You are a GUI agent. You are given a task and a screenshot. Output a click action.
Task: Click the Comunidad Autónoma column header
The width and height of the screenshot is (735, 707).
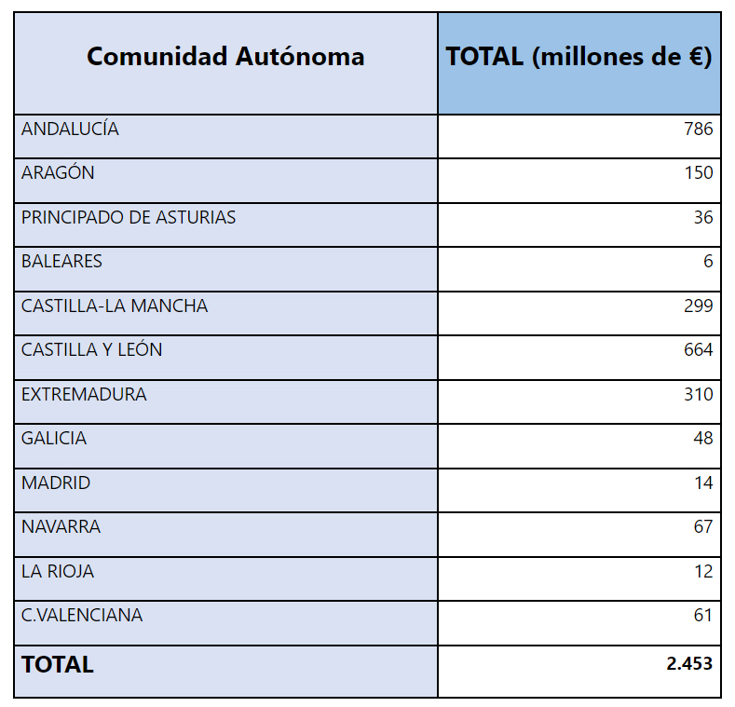225,57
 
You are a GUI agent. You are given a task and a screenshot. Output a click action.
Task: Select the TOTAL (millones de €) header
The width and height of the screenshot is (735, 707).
578,57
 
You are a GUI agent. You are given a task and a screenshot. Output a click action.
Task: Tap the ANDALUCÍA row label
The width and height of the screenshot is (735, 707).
70,129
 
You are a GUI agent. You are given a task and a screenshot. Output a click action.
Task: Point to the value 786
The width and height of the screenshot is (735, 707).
698,129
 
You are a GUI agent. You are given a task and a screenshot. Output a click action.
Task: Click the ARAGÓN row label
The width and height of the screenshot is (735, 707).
58,173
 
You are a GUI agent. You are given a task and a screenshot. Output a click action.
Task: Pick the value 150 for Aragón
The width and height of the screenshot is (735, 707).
698,173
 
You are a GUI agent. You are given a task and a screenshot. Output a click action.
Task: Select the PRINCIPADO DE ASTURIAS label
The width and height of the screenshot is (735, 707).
129,218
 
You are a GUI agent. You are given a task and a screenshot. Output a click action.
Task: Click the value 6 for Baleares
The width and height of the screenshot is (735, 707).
708,262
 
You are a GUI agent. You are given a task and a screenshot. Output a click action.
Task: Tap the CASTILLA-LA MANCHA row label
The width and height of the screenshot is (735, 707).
115,306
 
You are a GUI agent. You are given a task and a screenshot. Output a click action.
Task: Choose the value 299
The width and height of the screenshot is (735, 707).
698,306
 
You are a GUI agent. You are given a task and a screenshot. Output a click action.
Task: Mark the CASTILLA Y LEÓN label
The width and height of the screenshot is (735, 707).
91,350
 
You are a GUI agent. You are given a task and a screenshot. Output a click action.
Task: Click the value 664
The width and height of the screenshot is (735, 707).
698,350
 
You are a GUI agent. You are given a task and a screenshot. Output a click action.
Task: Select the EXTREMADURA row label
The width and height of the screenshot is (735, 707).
84,395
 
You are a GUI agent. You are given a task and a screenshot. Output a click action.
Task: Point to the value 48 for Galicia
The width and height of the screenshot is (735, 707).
702,439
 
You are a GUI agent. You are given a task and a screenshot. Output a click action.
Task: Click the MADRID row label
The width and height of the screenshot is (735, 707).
56,483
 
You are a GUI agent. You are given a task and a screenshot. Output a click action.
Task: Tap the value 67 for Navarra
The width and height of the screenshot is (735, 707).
702,527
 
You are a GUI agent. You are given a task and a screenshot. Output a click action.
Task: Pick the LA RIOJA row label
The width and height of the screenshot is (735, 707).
58,572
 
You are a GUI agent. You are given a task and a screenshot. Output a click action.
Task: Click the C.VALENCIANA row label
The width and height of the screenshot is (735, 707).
82,616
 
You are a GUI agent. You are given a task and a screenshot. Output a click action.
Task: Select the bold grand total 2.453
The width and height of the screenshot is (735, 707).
689,664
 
